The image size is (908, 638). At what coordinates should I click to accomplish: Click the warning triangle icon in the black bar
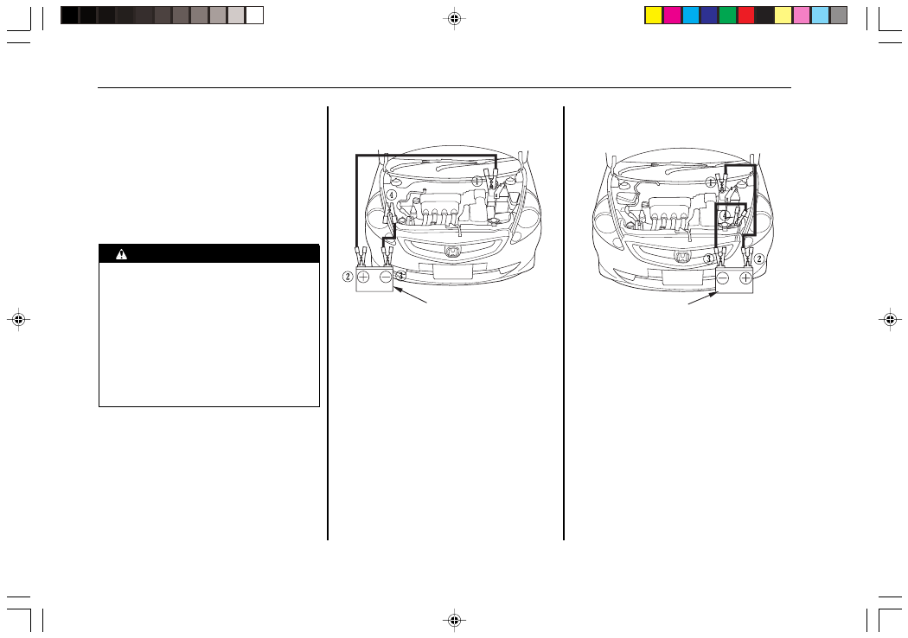pos(121,253)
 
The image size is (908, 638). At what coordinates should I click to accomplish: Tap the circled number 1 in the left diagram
pos(476,182)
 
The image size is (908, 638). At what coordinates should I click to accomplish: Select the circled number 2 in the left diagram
pos(348,276)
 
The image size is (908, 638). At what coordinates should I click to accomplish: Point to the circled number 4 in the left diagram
pos(392,195)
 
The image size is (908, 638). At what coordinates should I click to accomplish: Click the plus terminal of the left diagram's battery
pos(363,277)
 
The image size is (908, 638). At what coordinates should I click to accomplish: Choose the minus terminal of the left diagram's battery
pos(386,277)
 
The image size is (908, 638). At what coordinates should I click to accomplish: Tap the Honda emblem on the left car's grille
pos(452,252)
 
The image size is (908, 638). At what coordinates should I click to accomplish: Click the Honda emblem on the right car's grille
pos(682,256)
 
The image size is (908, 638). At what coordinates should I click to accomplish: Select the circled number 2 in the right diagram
pos(758,258)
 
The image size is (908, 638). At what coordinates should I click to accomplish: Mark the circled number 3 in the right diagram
pos(708,258)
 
